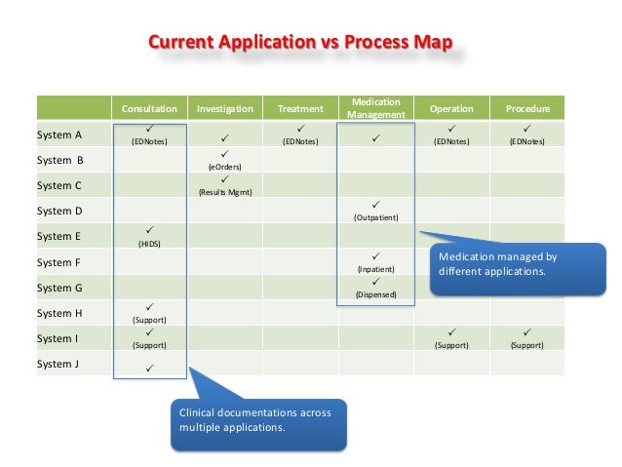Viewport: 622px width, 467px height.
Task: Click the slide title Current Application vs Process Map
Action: (x=299, y=44)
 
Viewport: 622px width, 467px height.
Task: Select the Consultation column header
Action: (x=149, y=109)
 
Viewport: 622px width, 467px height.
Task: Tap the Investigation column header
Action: (x=224, y=109)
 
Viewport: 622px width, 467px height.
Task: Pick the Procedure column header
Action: (x=526, y=109)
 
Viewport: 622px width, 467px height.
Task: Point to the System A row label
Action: (x=59, y=135)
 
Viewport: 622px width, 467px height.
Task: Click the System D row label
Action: (x=59, y=211)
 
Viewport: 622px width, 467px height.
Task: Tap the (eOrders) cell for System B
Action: (x=224, y=161)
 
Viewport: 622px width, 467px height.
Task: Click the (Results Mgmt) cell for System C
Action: (x=224, y=186)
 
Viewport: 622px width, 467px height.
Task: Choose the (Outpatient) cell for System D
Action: (x=375, y=212)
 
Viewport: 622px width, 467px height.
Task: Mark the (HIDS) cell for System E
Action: (x=149, y=237)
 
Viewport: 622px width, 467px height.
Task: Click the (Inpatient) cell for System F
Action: (x=375, y=262)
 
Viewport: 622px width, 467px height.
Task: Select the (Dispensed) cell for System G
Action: (x=375, y=288)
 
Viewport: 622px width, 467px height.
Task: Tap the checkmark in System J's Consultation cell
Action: (x=149, y=368)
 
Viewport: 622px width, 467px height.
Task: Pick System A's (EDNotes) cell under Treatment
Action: (x=299, y=136)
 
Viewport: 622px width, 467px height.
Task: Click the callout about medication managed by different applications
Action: (x=507, y=263)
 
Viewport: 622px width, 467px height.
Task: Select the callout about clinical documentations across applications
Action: (x=259, y=419)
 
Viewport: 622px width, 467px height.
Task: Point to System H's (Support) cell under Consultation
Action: (x=149, y=314)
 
